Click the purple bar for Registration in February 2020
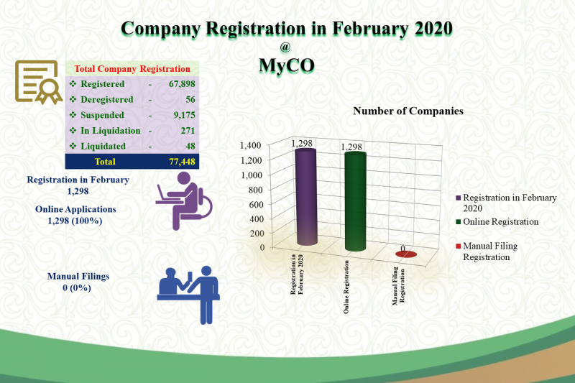pos(306,197)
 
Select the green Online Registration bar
pos(355,202)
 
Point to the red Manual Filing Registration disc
pos(406,254)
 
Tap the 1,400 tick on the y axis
pos(250,145)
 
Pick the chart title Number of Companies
pos(408,111)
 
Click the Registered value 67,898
pos(182,84)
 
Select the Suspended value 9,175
pos(184,115)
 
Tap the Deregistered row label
pos(106,100)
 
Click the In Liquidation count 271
pos(188,131)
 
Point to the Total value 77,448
pos(182,162)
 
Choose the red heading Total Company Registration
pos(132,69)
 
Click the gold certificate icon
pos(38,82)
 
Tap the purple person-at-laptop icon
pos(184,201)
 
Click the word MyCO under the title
pos(287,65)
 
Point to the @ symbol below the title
pos(285,47)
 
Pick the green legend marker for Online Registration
pos(459,222)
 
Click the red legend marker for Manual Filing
pos(459,246)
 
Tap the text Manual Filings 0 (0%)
pos(78,282)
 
